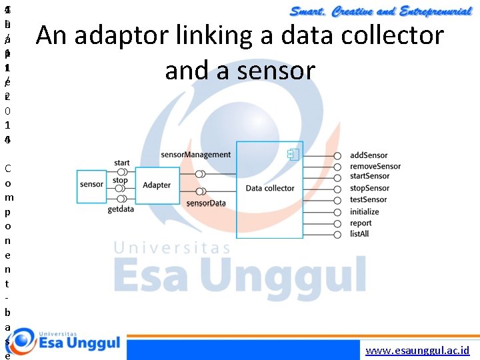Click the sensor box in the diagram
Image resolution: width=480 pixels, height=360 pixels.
(x=91, y=185)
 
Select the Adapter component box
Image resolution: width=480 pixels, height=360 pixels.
(x=157, y=185)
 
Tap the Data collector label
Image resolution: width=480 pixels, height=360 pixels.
(x=269, y=188)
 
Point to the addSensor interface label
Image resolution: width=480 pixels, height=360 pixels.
(x=369, y=155)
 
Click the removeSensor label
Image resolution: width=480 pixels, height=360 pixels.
(x=375, y=166)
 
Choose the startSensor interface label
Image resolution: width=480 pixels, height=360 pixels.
(x=370, y=177)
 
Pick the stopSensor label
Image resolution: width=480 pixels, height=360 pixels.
(x=369, y=189)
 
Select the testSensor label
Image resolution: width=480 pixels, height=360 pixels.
(x=369, y=199)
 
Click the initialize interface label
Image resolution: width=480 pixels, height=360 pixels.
(x=365, y=211)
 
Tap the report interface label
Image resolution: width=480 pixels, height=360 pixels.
(x=361, y=223)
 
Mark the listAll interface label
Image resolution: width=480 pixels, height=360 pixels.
(x=360, y=234)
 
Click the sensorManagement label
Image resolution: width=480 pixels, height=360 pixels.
(x=196, y=155)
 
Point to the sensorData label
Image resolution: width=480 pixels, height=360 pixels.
(x=206, y=203)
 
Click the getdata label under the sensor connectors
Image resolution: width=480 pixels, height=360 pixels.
(x=121, y=209)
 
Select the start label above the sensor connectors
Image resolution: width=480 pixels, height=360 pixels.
(x=122, y=163)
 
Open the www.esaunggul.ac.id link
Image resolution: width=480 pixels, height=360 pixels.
(x=418, y=349)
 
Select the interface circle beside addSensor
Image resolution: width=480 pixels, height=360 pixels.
(x=337, y=155)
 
